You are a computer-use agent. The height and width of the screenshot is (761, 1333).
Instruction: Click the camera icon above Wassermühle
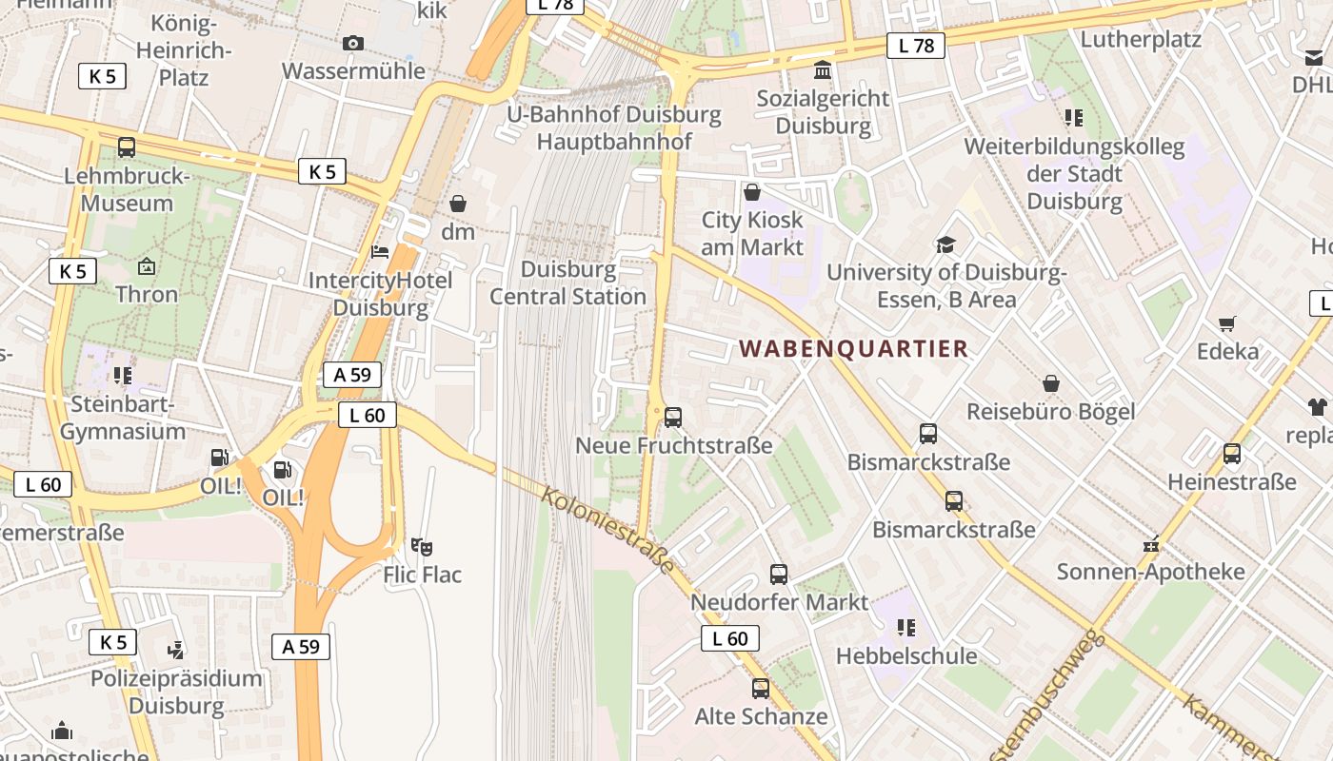(353, 43)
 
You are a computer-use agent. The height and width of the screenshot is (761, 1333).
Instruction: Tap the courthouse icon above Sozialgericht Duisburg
(823, 70)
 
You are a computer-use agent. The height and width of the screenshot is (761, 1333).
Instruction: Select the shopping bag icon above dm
(458, 204)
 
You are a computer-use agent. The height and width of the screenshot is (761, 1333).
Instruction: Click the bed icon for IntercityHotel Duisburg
(380, 252)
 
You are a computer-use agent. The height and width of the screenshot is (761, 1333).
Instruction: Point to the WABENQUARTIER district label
(854, 349)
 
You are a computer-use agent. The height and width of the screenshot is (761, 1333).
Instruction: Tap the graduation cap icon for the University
(945, 244)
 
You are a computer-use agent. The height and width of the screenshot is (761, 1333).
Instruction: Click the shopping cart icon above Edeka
(1227, 323)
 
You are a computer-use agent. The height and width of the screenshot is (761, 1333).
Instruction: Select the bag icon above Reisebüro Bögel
(1051, 383)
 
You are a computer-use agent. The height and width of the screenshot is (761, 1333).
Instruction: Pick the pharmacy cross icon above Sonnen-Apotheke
(1151, 545)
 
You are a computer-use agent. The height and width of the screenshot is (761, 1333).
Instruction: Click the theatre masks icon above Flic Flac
(422, 547)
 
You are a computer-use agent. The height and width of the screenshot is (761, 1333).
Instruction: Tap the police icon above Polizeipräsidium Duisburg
(175, 651)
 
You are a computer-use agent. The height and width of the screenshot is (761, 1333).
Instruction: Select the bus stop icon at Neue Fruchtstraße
(673, 417)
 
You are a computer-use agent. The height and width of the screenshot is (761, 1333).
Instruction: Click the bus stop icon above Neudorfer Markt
(779, 575)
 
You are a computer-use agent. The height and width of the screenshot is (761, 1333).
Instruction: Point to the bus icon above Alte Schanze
(760, 689)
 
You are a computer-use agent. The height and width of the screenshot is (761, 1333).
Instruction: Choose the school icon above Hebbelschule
(905, 628)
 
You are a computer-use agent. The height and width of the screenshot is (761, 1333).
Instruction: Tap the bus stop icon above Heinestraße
(1232, 454)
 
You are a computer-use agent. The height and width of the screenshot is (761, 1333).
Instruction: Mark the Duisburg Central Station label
(568, 283)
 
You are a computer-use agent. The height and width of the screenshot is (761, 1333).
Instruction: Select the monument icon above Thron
(147, 266)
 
